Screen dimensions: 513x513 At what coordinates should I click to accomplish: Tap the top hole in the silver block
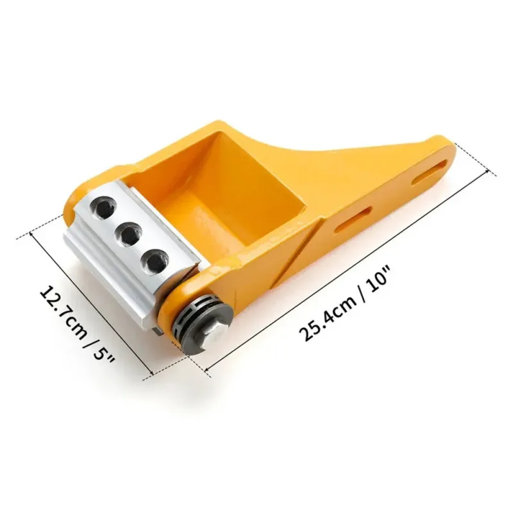105,207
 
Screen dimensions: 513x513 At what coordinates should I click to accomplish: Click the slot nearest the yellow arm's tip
431,170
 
